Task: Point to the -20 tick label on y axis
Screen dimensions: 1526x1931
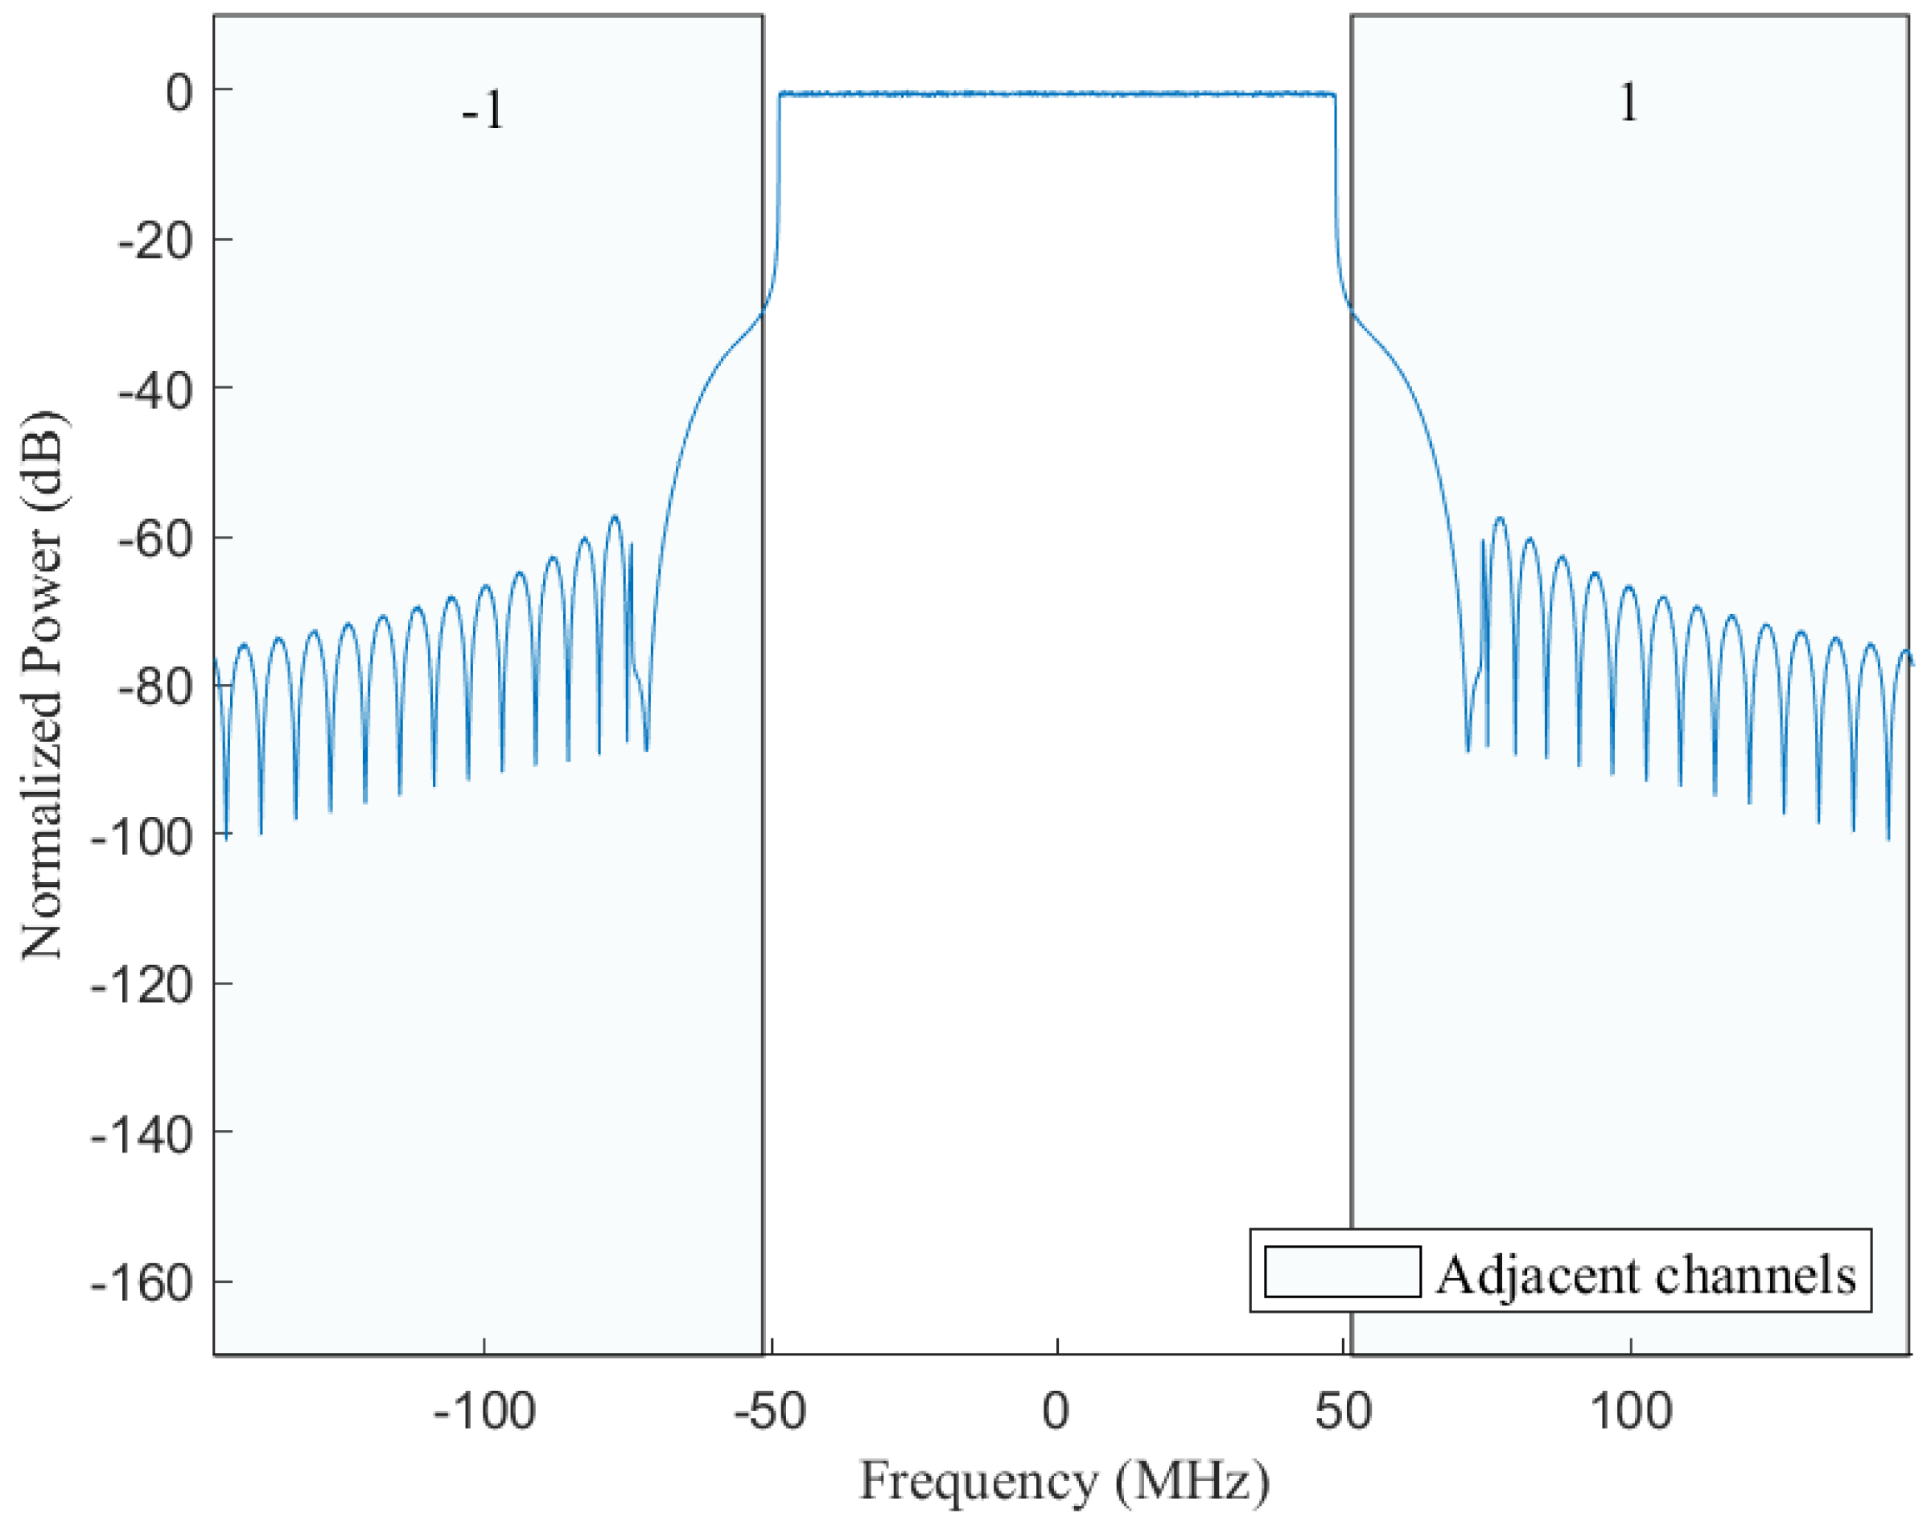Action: coord(155,241)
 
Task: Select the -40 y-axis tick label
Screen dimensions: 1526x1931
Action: coord(155,390)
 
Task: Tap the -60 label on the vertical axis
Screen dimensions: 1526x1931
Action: coord(155,539)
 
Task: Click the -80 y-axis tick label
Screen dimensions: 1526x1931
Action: coord(155,688)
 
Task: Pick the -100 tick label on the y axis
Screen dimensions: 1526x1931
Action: coord(142,837)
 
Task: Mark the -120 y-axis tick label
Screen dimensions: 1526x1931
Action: coord(142,987)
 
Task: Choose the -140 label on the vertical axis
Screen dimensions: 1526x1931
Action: coord(142,1136)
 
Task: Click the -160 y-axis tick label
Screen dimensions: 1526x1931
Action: coord(142,1284)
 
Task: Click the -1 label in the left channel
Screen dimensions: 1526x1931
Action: coord(484,112)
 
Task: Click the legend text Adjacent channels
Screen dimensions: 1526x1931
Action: coord(1646,1275)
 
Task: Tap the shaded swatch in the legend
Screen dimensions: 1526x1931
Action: coord(1342,1272)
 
